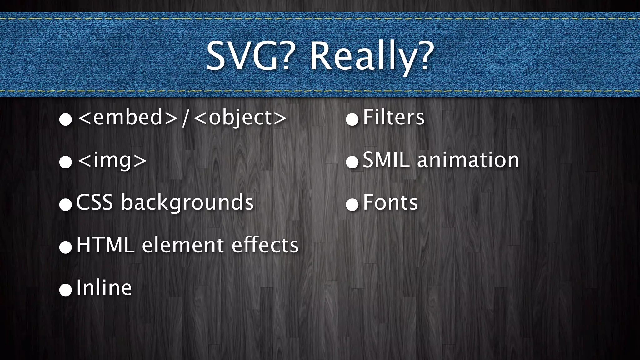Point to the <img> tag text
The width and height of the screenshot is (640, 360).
[x=112, y=161]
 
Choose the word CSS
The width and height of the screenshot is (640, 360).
[x=94, y=202]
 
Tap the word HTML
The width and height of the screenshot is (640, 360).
[x=105, y=245]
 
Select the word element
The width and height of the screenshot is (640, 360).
[x=183, y=245]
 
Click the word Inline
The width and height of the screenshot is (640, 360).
[x=104, y=287]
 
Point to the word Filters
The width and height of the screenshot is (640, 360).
[x=394, y=117]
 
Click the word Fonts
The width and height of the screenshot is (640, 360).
[x=390, y=202]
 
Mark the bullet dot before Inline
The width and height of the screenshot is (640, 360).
[x=66, y=290]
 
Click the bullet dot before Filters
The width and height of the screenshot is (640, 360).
[x=352, y=120]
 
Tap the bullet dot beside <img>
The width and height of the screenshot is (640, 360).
[x=66, y=162]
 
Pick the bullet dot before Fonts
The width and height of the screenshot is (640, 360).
[x=352, y=205]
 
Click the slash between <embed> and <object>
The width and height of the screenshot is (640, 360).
[x=186, y=117]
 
